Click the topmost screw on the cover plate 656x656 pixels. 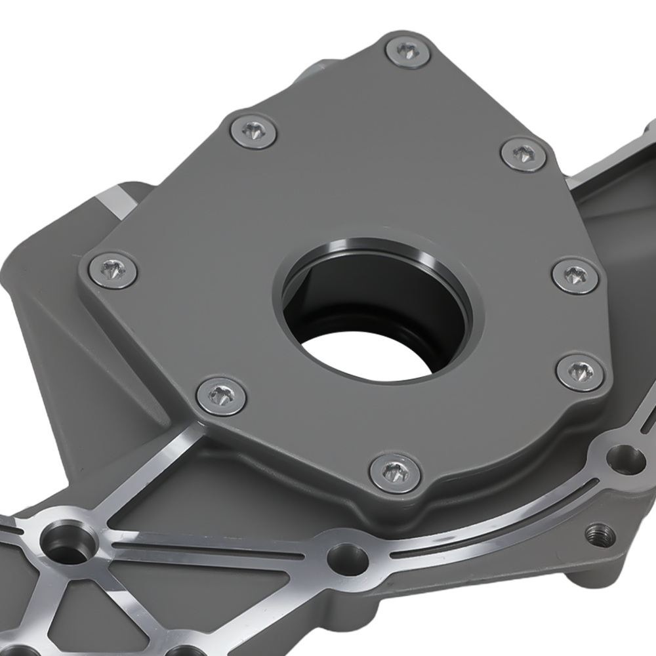(x=409, y=52)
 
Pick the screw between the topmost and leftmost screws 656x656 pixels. (x=254, y=131)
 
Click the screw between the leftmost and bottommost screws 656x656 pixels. (x=221, y=396)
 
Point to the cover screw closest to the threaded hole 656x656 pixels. (x=579, y=371)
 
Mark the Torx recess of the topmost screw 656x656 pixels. (x=409, y=51)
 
